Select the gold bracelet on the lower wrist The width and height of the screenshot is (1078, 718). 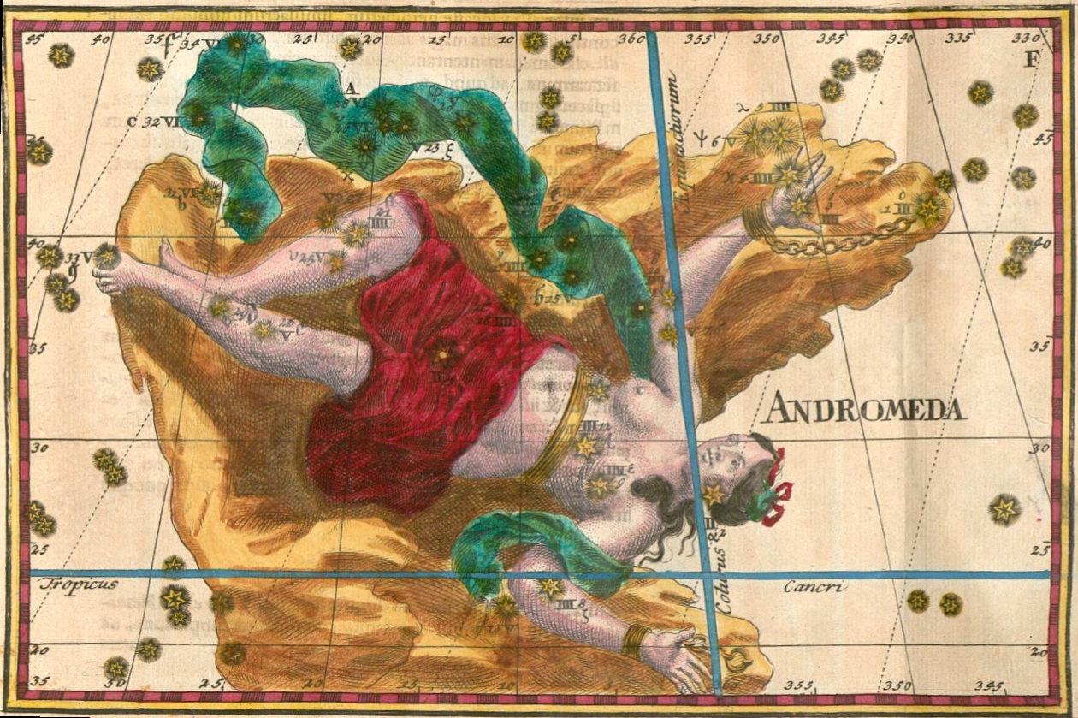[x=634, y=640]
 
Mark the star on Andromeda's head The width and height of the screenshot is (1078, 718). [x=714, y=494]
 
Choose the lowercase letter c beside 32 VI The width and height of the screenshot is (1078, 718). [x=131, y=122]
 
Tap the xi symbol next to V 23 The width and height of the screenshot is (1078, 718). [x=449, y=147]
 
